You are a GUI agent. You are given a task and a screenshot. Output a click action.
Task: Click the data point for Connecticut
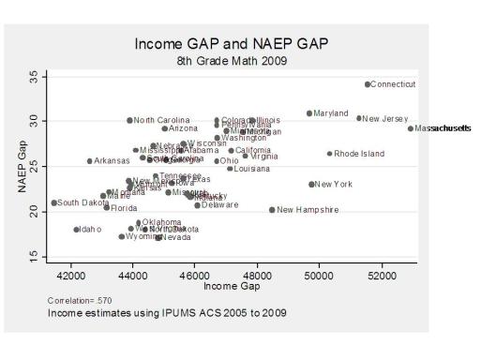click(x=368, y=84)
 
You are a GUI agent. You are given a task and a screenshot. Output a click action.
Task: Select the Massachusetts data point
click(x=411, y=128)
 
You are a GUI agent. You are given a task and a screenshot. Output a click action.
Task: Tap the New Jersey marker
click(x=359, y=118)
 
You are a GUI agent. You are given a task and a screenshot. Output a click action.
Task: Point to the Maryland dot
click(x=309, y=113)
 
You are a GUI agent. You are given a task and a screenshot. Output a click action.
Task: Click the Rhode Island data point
click(x=330, y=154)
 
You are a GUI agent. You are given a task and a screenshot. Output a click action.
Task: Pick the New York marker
click(x=312, y=184)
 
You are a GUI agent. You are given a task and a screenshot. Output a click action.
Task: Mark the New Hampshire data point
click(x=272, y=210)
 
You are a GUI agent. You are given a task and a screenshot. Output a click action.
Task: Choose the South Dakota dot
click(x=54, y=202)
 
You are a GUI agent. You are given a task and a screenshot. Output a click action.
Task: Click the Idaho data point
click(x=77, y=229)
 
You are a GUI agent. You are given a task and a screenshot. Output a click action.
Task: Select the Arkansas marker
click(x=90, y=161)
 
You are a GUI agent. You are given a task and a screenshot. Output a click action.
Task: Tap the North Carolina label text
click(x=161, y=121)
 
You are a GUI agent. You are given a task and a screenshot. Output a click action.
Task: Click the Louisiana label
click(x=251, y=169)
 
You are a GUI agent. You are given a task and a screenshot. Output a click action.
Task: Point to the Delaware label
click(x=221, y=204)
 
